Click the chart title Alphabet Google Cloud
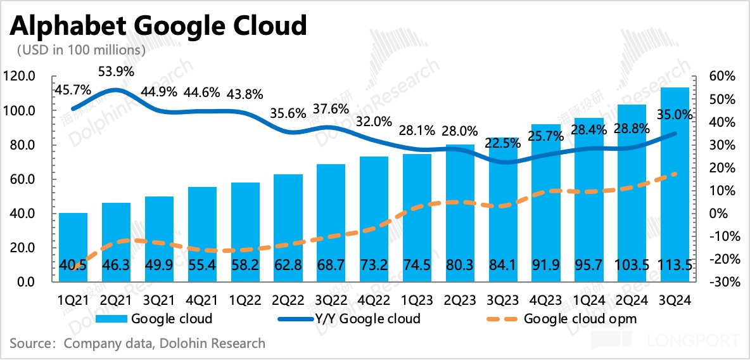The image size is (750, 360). (158, 26)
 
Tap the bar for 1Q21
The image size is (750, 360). (72, 247)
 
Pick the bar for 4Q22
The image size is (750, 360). (373, 219)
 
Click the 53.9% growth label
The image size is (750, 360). (115, 72)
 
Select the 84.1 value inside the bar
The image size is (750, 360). (502, 266)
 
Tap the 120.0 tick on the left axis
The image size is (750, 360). (25, 77)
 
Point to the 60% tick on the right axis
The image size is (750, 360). (723, 77)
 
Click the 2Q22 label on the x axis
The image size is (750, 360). (287, 298)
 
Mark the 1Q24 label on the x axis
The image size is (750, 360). (588, 298)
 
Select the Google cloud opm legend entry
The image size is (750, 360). (580, 318)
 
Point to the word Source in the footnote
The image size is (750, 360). (30, 344)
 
